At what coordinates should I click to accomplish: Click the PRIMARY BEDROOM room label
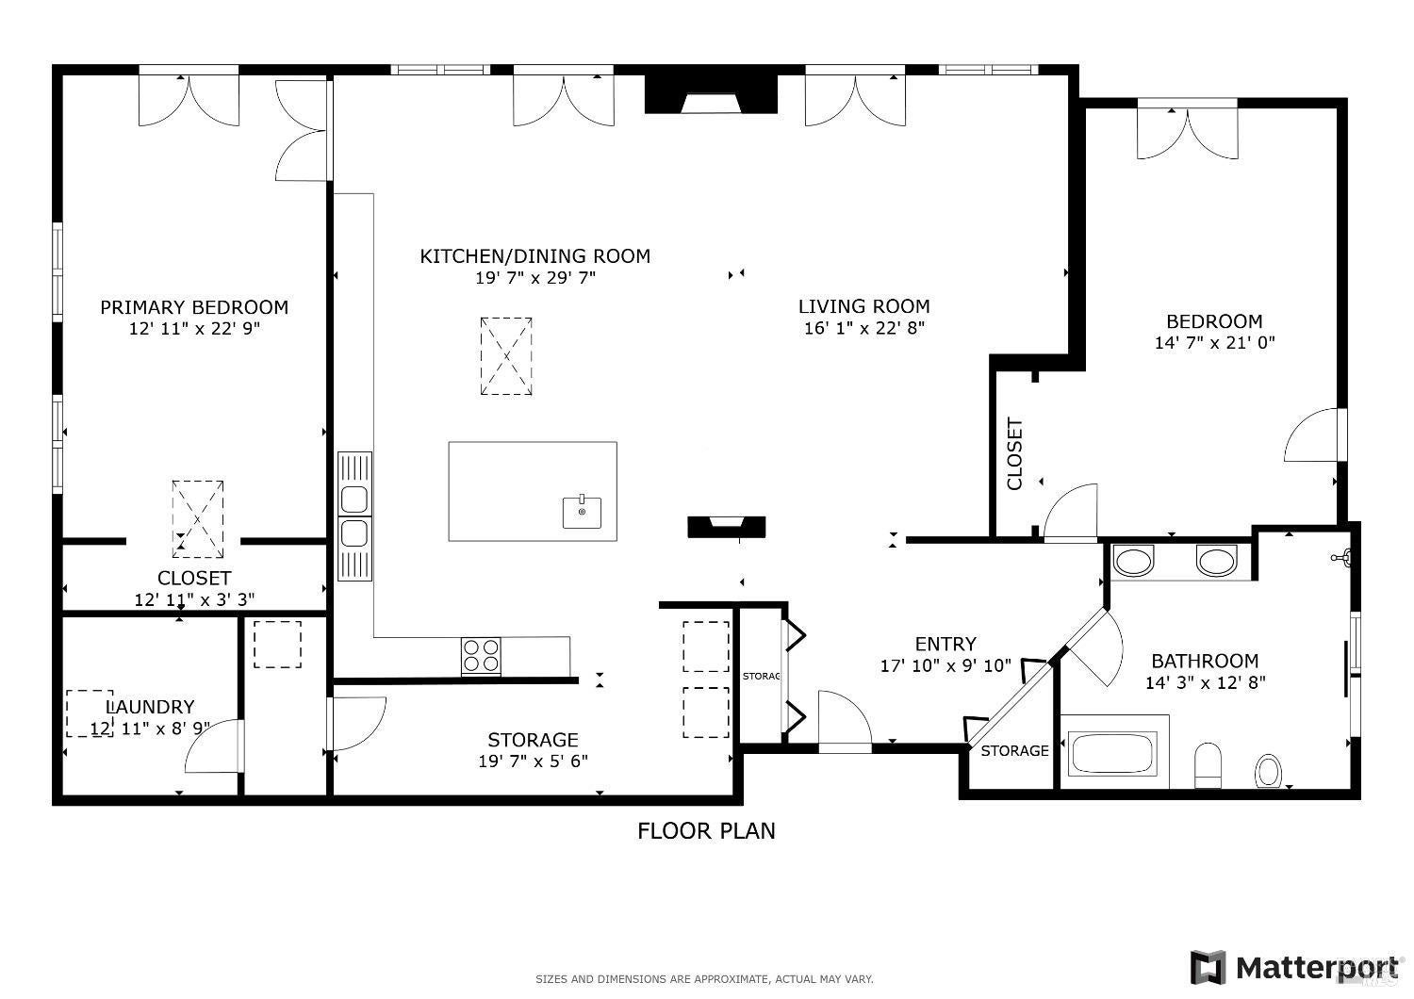point(194,307)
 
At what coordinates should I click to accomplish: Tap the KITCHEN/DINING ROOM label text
point(534,256)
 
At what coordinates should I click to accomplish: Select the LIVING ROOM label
point(863,306)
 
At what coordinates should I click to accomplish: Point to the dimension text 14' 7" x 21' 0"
point(1214,343)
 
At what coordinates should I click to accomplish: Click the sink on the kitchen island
point(583,512)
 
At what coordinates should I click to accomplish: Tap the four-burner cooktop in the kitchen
point(481,656)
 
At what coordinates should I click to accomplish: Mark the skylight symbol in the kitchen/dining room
point(506,356)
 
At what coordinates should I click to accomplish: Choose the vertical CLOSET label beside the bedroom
point(1015,453)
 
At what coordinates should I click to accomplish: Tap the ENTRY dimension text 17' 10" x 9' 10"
point(945,666)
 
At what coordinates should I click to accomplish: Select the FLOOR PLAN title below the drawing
point(706,830)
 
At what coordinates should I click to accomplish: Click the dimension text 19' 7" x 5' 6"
point(533,762)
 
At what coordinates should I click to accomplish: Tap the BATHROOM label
point(1205,662)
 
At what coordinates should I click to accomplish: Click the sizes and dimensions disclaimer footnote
point(704,979)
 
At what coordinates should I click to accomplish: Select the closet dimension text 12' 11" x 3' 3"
point(194,599)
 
